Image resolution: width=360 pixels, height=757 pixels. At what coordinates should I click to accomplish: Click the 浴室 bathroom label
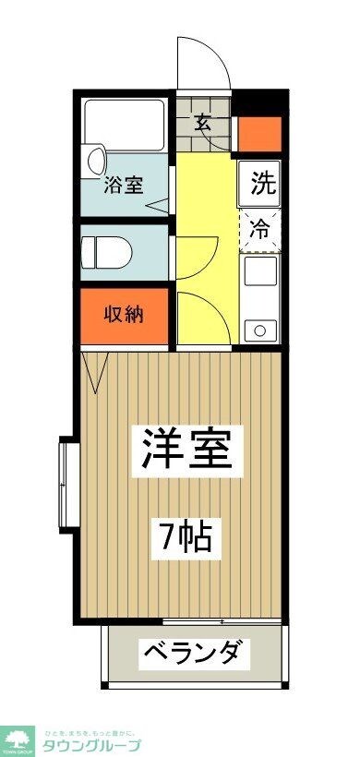click(x=124, y=183)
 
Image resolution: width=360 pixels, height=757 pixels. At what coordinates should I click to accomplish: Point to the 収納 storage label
click(x=123, y=314)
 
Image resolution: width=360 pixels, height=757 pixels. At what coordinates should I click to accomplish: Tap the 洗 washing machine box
click(x=262, y=183)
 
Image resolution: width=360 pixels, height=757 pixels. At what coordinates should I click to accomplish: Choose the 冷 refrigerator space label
click(x=261, y=230)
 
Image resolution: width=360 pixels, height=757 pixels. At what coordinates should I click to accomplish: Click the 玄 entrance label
click(x=204, y=121)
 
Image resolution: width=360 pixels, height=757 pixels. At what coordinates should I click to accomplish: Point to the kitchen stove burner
click(x=259, y=329)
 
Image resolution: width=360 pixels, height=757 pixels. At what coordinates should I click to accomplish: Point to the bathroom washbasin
click(x=93, y=162)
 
